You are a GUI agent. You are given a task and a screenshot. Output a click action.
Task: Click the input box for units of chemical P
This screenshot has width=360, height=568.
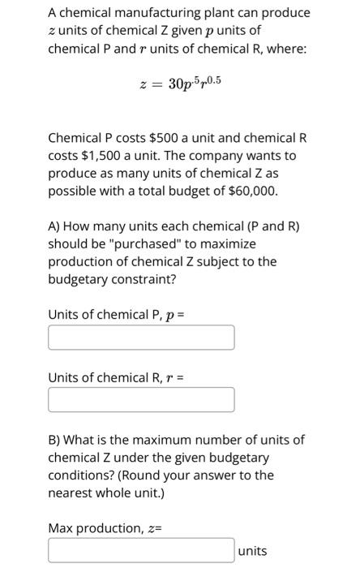[x=141, y=338]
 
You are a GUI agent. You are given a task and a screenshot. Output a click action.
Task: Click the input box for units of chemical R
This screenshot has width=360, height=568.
[x=141, y=399]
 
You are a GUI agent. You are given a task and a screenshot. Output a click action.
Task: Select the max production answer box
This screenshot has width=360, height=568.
[x=141, y=551]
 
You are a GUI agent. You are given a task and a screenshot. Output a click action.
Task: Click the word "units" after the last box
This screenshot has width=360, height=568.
[x=252, y=551]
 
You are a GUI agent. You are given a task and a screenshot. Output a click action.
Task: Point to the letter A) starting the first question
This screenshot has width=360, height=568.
[x=55, y=226]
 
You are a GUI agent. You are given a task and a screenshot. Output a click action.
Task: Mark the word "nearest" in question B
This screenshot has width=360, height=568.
[x=71, y=493]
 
